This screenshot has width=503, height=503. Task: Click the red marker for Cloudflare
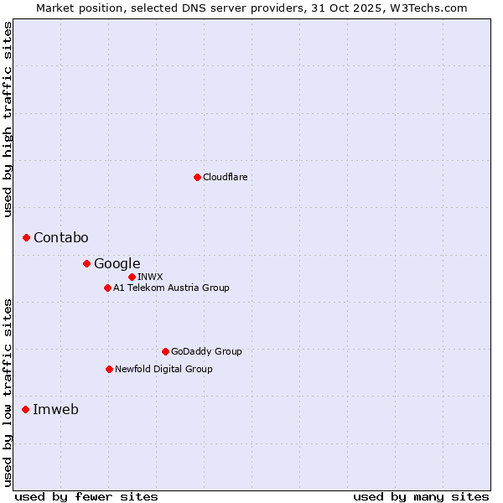click(197, 177)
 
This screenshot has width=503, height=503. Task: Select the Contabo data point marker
click(26, 238)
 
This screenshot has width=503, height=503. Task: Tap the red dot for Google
click(86, 263)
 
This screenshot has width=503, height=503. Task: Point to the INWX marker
click(132, 277)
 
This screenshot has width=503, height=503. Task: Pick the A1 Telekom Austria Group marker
click(107, 288)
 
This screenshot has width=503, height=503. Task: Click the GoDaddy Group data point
click(165, 351)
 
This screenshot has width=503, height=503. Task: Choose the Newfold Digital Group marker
click(109, 369)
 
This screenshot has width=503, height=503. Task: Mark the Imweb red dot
click(25, 409)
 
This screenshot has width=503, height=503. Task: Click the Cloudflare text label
click(225, 177)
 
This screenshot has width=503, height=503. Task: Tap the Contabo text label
click(60, 238)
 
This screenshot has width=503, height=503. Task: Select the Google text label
click(117, 263)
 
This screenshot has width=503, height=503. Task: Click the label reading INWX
click(150, 277)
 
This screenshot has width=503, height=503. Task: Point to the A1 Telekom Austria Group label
click(171, 288)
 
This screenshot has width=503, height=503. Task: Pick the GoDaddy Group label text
click(206, 351)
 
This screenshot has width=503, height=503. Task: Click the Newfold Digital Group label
click(163, 369)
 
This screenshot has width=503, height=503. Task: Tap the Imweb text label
click(55, 409)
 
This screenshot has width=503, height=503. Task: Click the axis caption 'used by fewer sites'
click(86, 496)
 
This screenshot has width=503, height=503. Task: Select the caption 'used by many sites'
click(421, 496)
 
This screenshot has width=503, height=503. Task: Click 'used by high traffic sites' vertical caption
click(8, 119)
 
